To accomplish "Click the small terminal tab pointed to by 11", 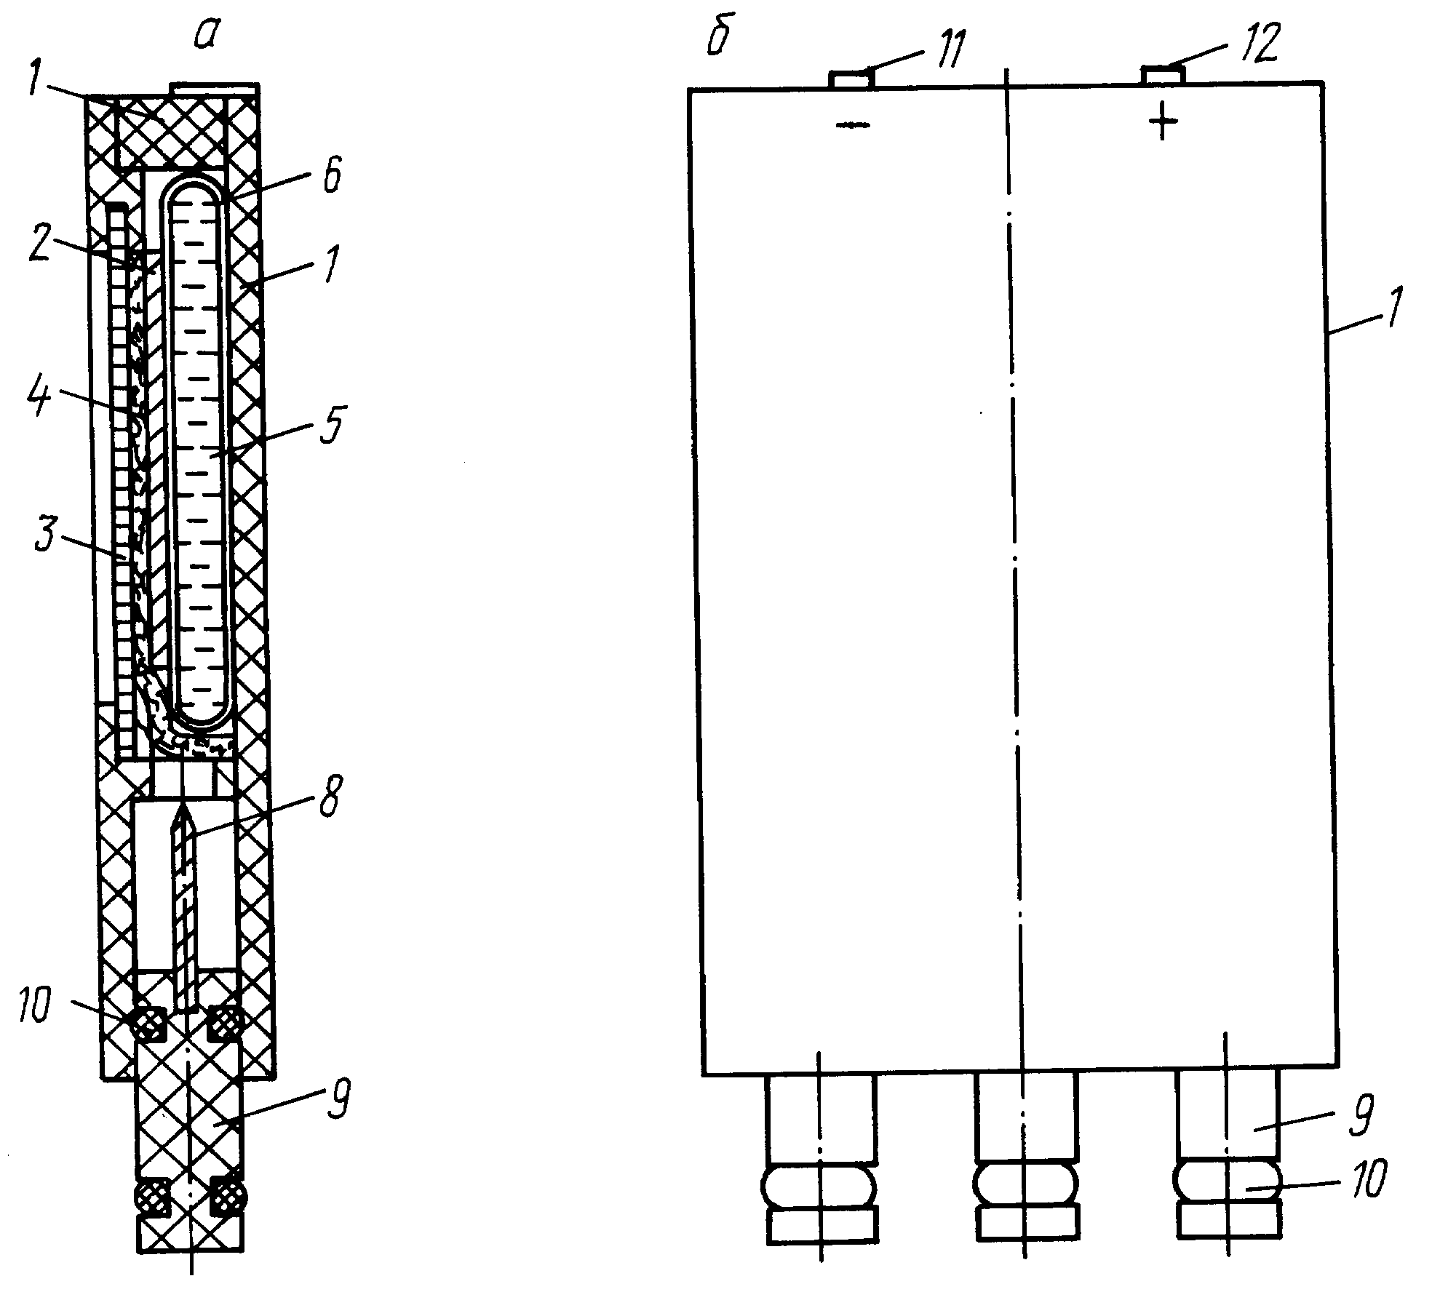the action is click(x=850, y=79).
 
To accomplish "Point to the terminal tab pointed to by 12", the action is click(x=1162, y=75).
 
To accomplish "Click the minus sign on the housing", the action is click(x=853, y=125).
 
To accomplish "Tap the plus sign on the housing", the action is click(x=1163, y=122).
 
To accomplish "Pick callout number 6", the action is click(x=332, y=179).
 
